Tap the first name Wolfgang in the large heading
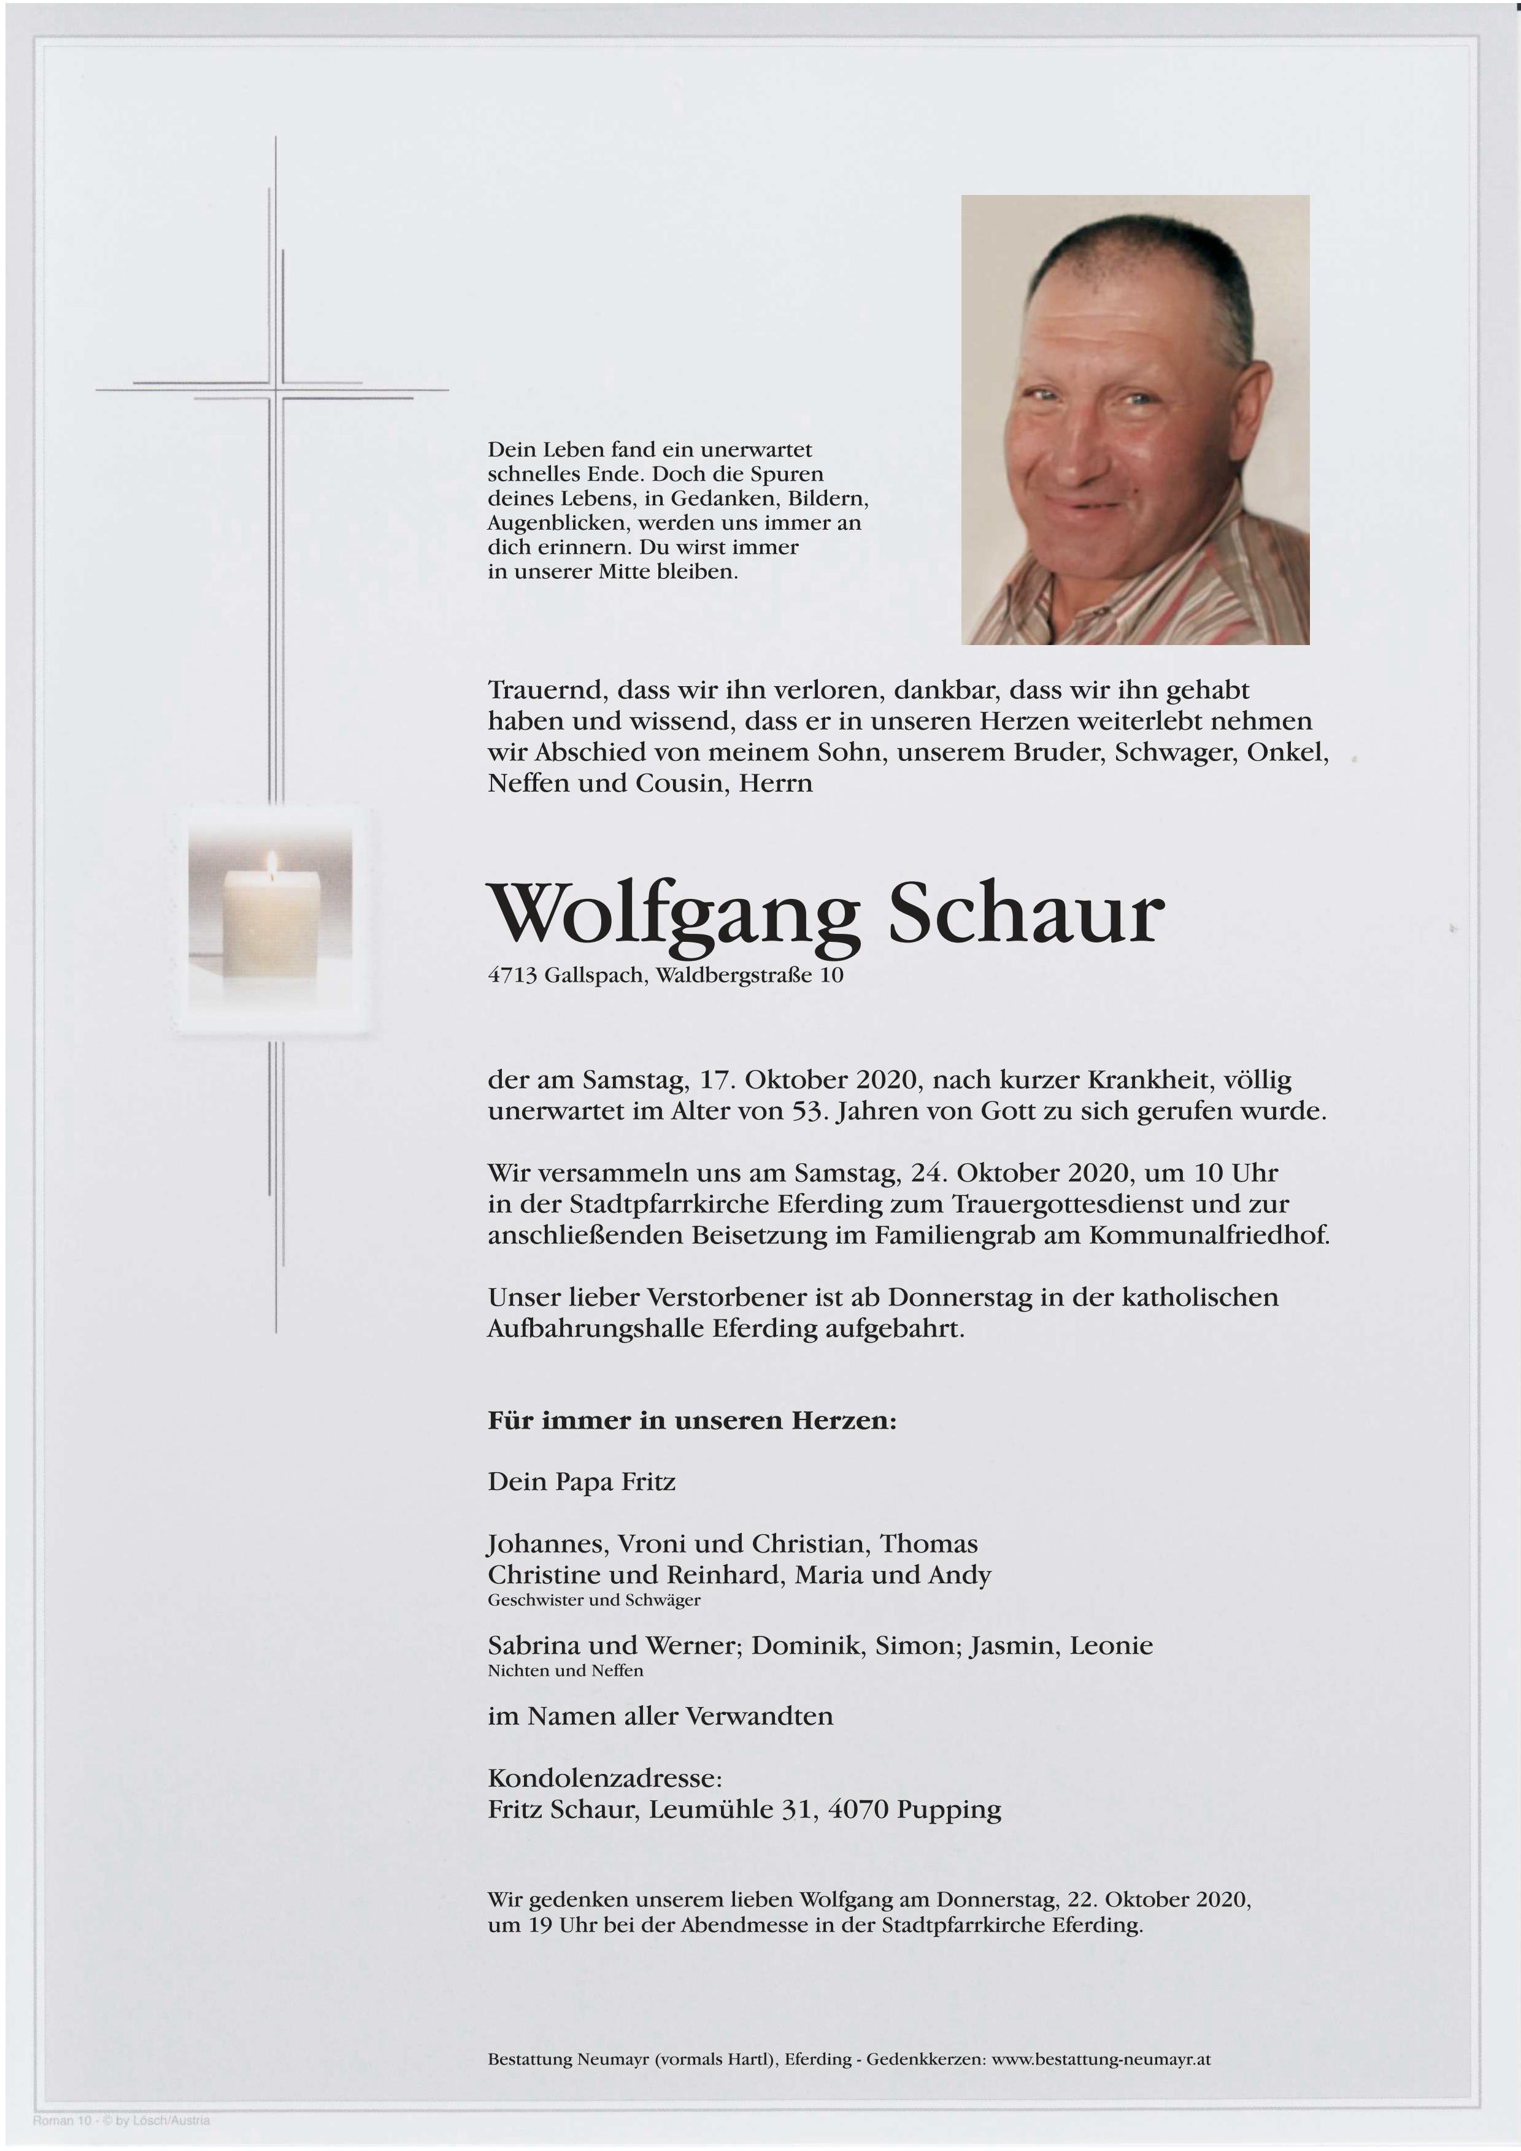tap(674, 914)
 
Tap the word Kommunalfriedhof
tap(1208, 1235)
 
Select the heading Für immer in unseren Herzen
tap(691, 1420)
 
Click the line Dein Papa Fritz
tap(581, 1482)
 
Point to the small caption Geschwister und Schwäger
tap(593, 1600)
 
